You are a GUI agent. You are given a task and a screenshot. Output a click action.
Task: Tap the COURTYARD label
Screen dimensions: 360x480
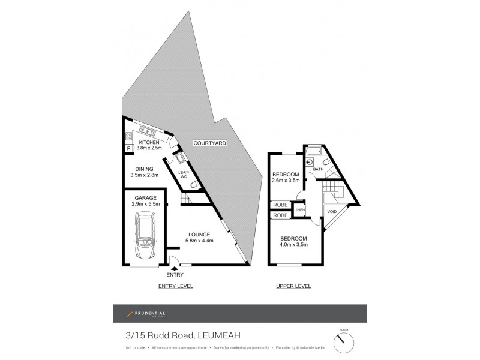point(209,143)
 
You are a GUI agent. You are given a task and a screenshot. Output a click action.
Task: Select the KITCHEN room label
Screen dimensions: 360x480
point(149,142)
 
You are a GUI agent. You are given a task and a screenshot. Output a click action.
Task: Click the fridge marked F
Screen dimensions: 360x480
point(128,148)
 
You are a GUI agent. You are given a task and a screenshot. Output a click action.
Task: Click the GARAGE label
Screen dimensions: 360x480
point(145,197)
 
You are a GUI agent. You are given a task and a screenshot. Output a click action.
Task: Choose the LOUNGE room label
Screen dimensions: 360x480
point(198,234)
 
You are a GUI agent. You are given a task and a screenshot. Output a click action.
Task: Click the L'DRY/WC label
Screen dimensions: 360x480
point(184,175)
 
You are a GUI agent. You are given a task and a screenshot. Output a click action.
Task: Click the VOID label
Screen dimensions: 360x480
point(332,212)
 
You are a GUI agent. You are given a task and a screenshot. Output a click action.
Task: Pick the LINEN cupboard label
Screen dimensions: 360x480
point(299,209)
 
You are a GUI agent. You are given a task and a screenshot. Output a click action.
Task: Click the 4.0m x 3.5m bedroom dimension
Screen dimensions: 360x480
point(294,244)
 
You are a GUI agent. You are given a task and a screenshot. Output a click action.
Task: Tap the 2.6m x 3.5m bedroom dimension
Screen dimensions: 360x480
point(286,180)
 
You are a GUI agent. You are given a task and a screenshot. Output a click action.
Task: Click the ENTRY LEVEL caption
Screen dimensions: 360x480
point(175,286)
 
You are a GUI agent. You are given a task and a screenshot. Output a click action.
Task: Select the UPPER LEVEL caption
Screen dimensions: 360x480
point(293,286)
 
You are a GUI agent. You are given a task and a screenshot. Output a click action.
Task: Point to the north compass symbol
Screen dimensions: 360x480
point(344,343)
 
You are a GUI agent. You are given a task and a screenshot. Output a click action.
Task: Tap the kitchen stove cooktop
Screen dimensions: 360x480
point(128,136)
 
